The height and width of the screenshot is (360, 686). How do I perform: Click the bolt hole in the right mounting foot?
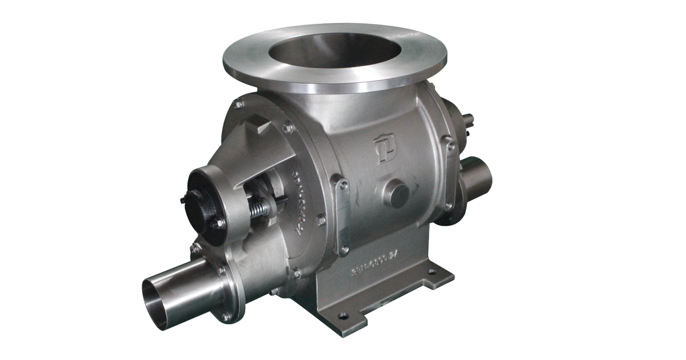tap(440, 273)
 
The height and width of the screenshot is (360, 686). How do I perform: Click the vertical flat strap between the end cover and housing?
tap(342, 215)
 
